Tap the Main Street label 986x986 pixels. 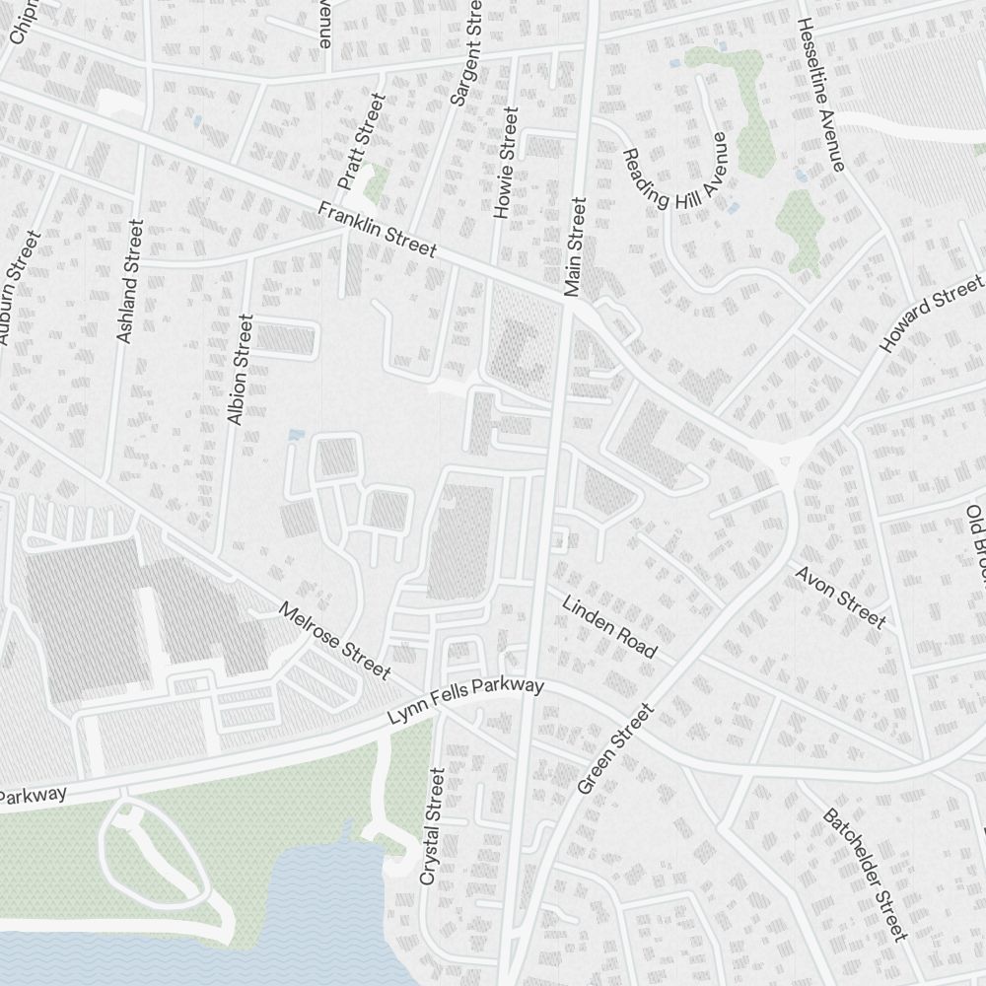pos(575,246)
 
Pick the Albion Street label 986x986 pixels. pos(240,370)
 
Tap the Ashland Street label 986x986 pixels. pos(129,281)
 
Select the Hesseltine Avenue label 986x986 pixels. pos(821,95)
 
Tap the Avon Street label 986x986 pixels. pos(839,597)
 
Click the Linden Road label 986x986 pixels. pos(609,626)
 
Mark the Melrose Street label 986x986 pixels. pos(334,641)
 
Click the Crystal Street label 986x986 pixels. pos(432,827)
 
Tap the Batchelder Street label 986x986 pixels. pos(863,875)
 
